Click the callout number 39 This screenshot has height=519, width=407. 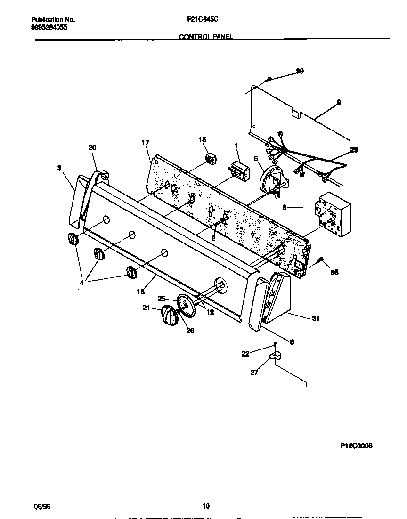(300, 71)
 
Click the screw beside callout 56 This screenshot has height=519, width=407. (321, 259)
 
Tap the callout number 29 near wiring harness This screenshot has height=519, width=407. (354, 150)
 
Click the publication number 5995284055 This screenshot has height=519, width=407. (49, 27)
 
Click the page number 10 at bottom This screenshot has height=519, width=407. (206, 506)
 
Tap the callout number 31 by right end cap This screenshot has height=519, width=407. (316, 319)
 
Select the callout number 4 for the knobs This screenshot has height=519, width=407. (81, 284)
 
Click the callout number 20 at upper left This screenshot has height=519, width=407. (92, 147)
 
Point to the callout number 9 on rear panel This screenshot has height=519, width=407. (339, 102)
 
